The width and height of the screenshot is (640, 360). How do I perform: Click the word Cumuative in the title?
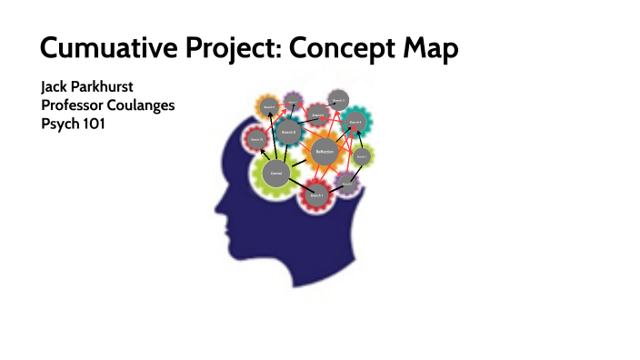(101, 46)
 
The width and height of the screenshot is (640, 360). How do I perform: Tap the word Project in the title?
(224, 46)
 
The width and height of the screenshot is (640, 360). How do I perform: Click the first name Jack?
(55, 87)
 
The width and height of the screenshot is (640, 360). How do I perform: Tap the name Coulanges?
(145, 105)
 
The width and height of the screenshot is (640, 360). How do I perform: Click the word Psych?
(59, 124)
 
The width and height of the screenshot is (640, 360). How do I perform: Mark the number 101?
(94, 124)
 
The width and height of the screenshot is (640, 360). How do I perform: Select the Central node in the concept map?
(276, 172)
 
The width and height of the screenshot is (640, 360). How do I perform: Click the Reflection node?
(325, 152)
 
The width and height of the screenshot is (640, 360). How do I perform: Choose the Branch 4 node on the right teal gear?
(355, 124)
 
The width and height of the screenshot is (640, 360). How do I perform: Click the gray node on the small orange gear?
(268, 106)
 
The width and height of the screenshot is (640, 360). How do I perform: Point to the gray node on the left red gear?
(257, 139)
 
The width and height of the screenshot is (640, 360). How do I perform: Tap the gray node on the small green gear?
(362, 156)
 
